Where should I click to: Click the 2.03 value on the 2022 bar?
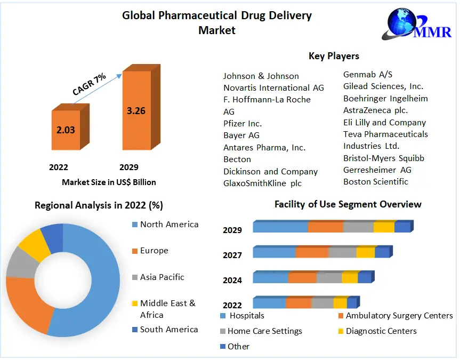pos(66,130)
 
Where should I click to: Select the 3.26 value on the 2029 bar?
pos(136,111)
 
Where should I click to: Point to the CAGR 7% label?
pos(89,84)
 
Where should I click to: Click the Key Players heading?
pos(334,56)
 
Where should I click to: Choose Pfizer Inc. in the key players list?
pos(243,123)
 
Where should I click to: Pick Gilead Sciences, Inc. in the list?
pos(383,86)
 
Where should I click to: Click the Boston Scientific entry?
pos(375,181)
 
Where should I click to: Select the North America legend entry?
pos(168,224)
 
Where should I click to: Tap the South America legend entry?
pos(168,329)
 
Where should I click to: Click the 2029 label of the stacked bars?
pos(232,230)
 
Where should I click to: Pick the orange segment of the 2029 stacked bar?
pos(325,227)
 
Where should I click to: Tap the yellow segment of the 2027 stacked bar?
pos(365,253)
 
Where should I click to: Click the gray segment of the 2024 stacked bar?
pos(329,278)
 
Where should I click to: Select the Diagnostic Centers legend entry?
pos(381,331)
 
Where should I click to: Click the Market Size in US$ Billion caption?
pos(109,182)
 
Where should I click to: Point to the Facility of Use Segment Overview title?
pos(348,204)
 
